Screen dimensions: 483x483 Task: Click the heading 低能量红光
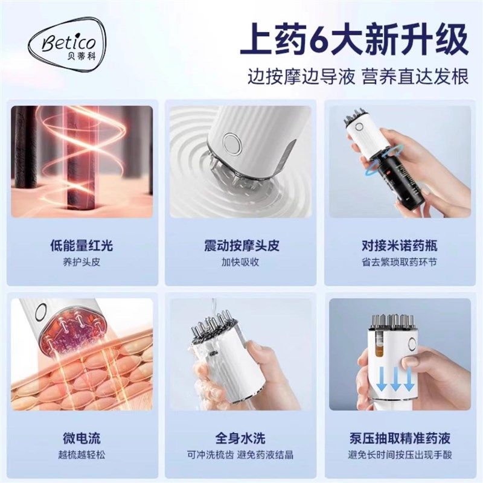point(82,246)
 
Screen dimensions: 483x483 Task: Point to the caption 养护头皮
point(82,263)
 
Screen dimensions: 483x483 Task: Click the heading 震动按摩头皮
point(241,246)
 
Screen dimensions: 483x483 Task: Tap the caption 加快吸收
point(241,263)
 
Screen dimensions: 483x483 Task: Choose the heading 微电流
point(82,437)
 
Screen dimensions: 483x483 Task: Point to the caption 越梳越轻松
point(82,454)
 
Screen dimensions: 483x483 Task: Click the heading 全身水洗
point(241,437)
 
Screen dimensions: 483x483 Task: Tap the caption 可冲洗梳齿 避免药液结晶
point(241,454)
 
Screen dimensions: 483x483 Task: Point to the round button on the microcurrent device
point(40,313)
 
